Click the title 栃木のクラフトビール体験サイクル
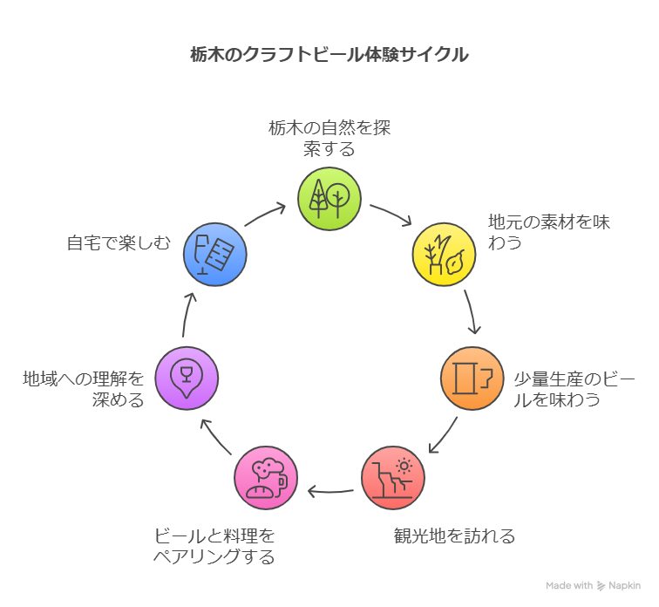(x=329, y=54)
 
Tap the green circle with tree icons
(x=329, y=200)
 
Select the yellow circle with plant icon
(x=443, y=253)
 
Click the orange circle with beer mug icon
(x=472, y=378)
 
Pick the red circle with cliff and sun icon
(x=393, y=477)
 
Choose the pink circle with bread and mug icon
(x=266, y=477)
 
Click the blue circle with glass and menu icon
(x=215, y=254)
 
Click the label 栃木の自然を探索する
(x=329, y=138)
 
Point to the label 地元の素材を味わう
(x=549, y=232)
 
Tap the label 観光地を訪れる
(x=454, y=535)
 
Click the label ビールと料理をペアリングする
(x=214, y=546)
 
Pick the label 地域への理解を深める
(x=84, y=389)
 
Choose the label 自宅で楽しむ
(x=119, y=242)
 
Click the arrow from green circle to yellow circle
(x=391, y=215)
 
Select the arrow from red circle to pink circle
(x=330, y=491)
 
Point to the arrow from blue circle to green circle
(x=265, y=215)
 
